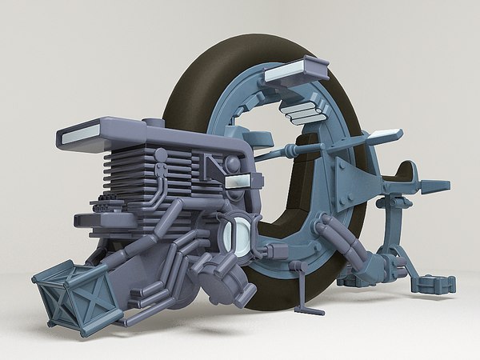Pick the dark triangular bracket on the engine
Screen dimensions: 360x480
[214, 168]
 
